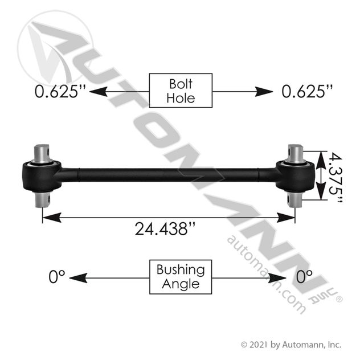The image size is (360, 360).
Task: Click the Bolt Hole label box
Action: click(x=181, y=91)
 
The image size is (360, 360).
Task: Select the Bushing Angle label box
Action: click(x=181, y=277)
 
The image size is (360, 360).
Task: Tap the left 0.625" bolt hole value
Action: click(x=60, y=91)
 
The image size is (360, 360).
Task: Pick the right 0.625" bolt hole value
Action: click(x=307, y=91)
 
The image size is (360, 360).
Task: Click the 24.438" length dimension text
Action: click(x=165, y=228)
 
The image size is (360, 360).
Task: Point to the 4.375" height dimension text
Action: click(x=335, y=178)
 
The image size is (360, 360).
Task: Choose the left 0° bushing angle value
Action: click(x=57, y=276)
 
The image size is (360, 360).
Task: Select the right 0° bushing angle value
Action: click(x=304, y=276)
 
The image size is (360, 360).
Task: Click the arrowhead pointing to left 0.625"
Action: click(x=99, y=92)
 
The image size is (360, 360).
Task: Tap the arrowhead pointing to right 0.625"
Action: click(x=264, y=92)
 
